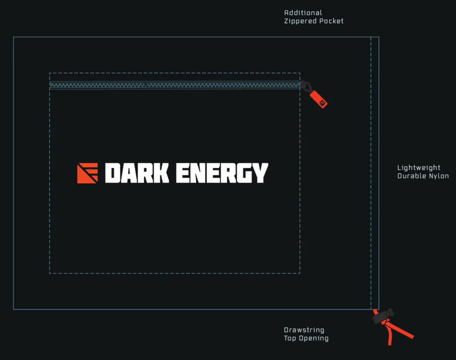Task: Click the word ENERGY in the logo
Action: coord(222,173)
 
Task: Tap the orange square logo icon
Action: coord(87,173)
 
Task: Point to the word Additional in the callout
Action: coord(303,13)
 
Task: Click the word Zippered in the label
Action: coord(300,21)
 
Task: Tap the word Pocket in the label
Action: coord(331,21)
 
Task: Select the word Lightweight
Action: coord(419,168)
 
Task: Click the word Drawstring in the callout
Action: coord(304,330)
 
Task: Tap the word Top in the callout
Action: coord(290,338)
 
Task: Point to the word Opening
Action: coord(314,338)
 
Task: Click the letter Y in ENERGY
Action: coord(260,173)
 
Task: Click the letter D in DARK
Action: coord(112,173)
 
